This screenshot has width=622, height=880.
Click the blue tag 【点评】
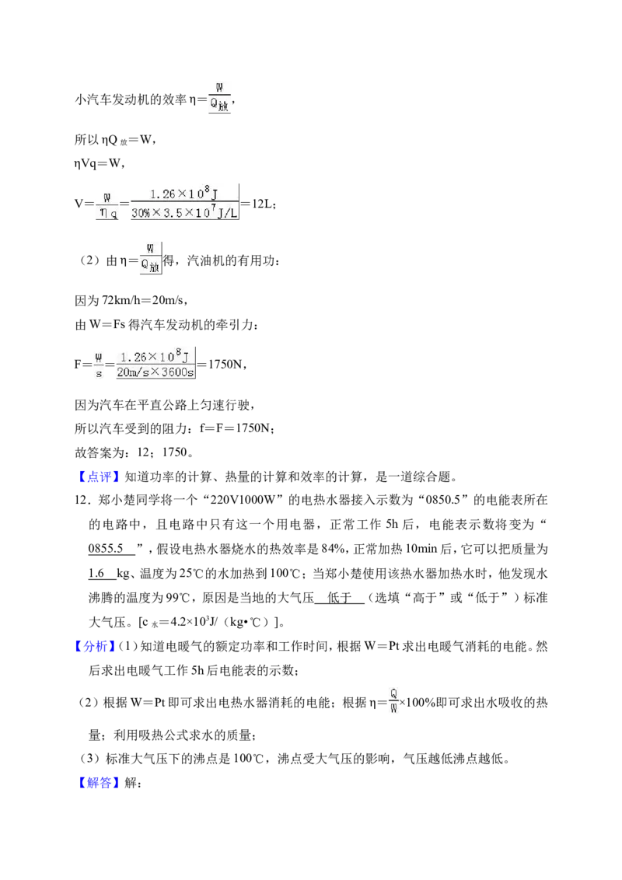point(99,477)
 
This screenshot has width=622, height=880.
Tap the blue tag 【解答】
point(99,782)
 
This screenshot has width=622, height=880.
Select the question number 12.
point(82,500)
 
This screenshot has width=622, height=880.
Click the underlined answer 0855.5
point(106,549)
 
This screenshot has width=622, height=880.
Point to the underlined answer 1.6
point(96,573)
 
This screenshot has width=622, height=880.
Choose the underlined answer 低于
point(339,598)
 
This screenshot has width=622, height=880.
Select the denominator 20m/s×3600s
point(155,372)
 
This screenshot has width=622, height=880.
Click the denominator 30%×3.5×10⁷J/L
point(184,213)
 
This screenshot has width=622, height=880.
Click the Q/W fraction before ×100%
point(393,701)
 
